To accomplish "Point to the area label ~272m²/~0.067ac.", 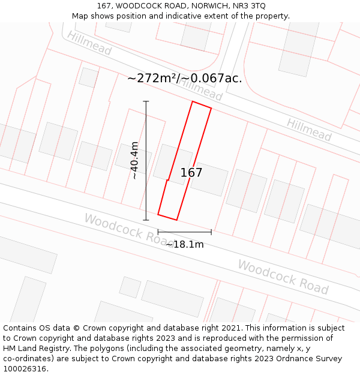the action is pos(185,78).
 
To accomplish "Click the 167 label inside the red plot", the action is pos(191,173).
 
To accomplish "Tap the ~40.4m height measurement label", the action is pos(135,160).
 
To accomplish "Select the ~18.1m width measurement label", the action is pos(185,244).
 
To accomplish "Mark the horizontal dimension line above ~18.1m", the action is pos(185,232).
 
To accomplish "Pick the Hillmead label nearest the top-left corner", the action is pos(89,44).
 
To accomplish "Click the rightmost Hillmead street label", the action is pos(308,130).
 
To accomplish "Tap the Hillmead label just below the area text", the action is pos(200,91).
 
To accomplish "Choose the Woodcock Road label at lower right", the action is pos(283,277).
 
